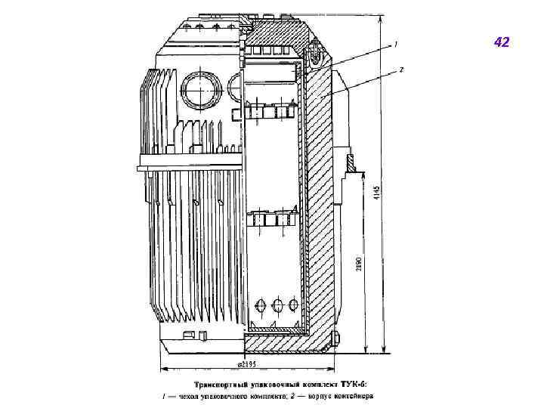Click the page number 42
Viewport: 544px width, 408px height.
[x=502, y=42]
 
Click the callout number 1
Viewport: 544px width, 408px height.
[x=395, y=45]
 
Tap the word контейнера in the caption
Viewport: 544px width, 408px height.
[x=350, y=395]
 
